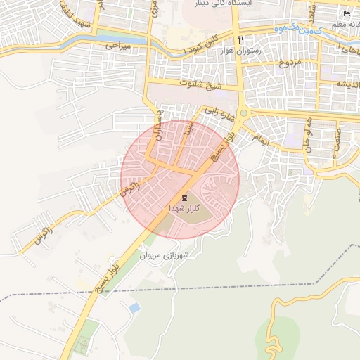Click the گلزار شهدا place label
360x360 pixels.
(x=185, y=209)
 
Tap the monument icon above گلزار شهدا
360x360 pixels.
(x=184, y=198)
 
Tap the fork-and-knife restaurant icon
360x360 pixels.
(x=241, y=40)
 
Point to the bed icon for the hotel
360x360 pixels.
(x=345, y=15)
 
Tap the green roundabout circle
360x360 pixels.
(x=243, y=113)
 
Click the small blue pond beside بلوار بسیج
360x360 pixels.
(x=134, y=308)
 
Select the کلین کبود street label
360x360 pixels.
(x=206, y=44)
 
